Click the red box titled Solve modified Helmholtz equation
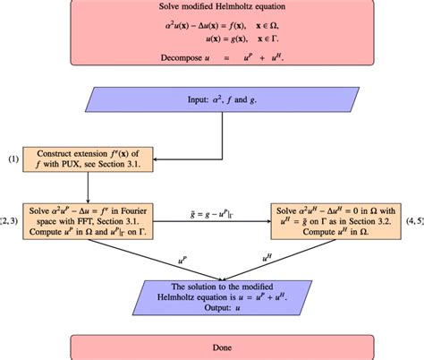pyautogui.click(x=213, y=36)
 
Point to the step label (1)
pyautogui.click(x=13, y=159)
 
